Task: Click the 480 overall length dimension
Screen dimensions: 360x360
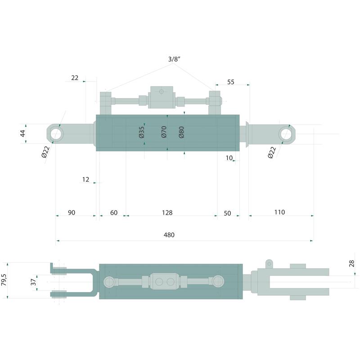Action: tap(169, 235)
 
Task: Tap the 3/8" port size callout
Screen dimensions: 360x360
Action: tap(174, 59)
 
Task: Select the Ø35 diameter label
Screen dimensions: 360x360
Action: tap(142, 132)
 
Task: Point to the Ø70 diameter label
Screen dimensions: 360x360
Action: tap(164, 132)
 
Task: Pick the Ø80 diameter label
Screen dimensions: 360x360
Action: tap(181, 132)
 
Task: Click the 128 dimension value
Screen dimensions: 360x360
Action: tap(167, 212)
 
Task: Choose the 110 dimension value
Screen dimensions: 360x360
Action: tap(279, 212)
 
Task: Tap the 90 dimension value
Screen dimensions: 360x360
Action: tap(72, 212)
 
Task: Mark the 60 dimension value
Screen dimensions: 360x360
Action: tap(114, 212)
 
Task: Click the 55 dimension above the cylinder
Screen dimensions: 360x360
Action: tap(230, 82)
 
